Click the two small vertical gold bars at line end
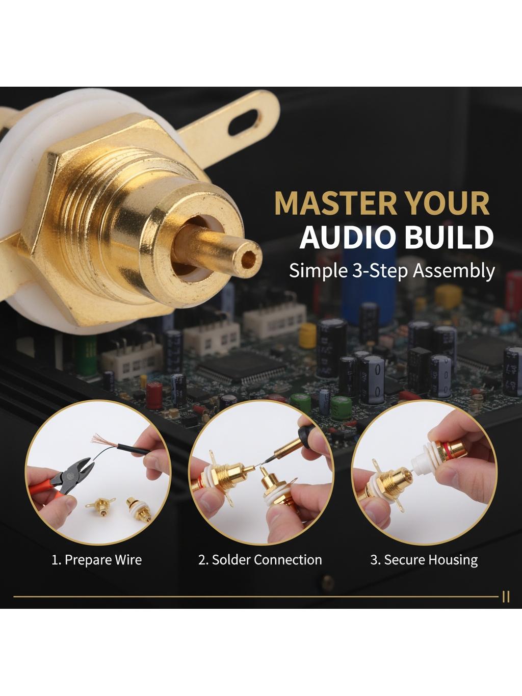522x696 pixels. click(x=506, y=598)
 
